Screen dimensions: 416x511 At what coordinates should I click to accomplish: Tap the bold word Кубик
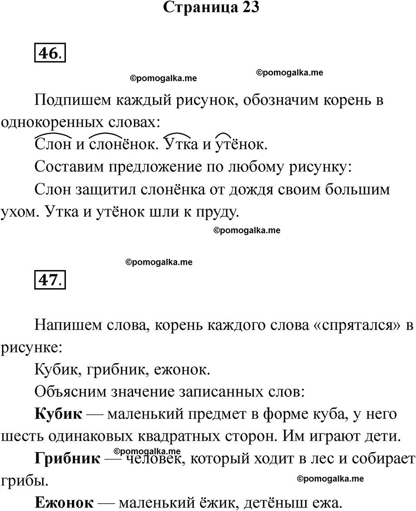(x=58, y=414)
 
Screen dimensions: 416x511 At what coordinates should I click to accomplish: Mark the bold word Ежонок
(x=63, y=503)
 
